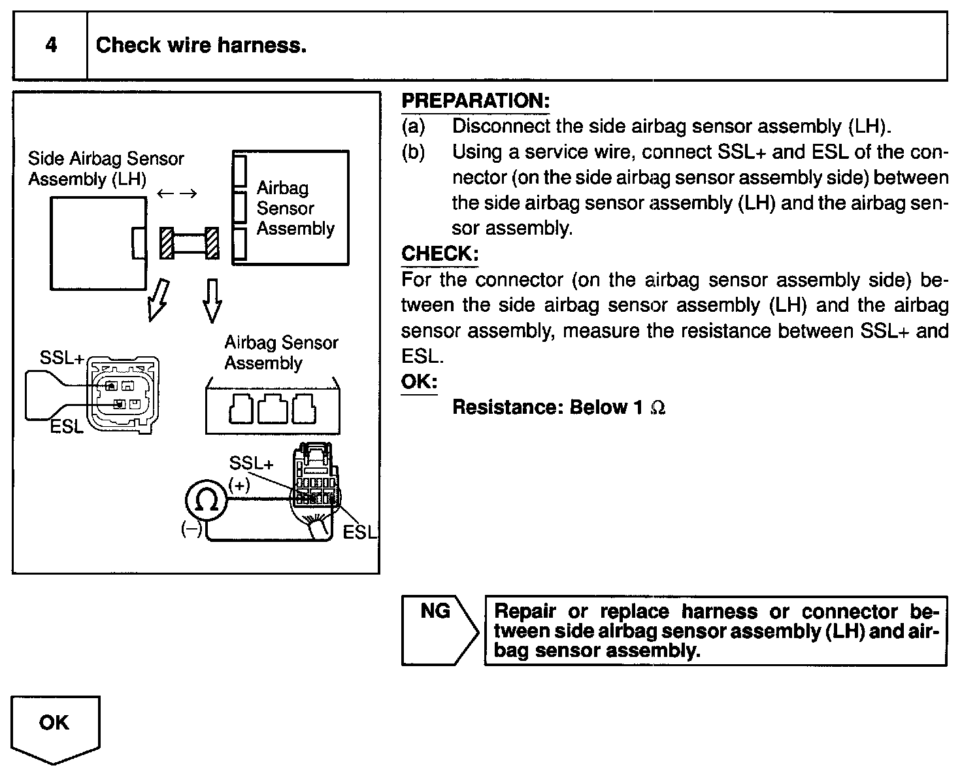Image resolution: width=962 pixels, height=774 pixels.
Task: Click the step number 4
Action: coord(51,45)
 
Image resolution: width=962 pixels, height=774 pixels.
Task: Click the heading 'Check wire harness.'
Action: coord(201,45)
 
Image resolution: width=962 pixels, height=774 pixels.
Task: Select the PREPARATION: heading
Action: coord(475,101)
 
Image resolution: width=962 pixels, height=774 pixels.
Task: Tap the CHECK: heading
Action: coord(440,254)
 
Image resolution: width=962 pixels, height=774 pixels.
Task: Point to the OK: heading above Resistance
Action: coord(419,381)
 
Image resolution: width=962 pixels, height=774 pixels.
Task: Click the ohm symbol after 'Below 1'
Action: coord(658,408)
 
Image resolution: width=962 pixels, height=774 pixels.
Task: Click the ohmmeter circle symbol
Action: coord(207,501)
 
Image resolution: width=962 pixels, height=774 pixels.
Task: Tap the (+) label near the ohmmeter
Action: coord(239,485)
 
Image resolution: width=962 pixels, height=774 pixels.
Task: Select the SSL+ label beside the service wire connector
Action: coord(61,358)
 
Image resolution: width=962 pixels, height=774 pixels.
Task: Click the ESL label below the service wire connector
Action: coord(67,428)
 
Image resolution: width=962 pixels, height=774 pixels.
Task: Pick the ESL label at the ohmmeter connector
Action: coord(360,533)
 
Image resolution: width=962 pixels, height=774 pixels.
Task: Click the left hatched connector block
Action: coord(168,243)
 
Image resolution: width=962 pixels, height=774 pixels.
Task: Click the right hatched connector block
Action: coord(212,243)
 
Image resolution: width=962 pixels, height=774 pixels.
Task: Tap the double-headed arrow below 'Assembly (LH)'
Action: coord(177,193)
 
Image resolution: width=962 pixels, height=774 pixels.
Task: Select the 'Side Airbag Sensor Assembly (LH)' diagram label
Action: coord(105,169)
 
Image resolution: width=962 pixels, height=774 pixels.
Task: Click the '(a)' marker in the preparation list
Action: coord(413,126)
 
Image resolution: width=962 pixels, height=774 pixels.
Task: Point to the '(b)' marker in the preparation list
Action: coord(413,152)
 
